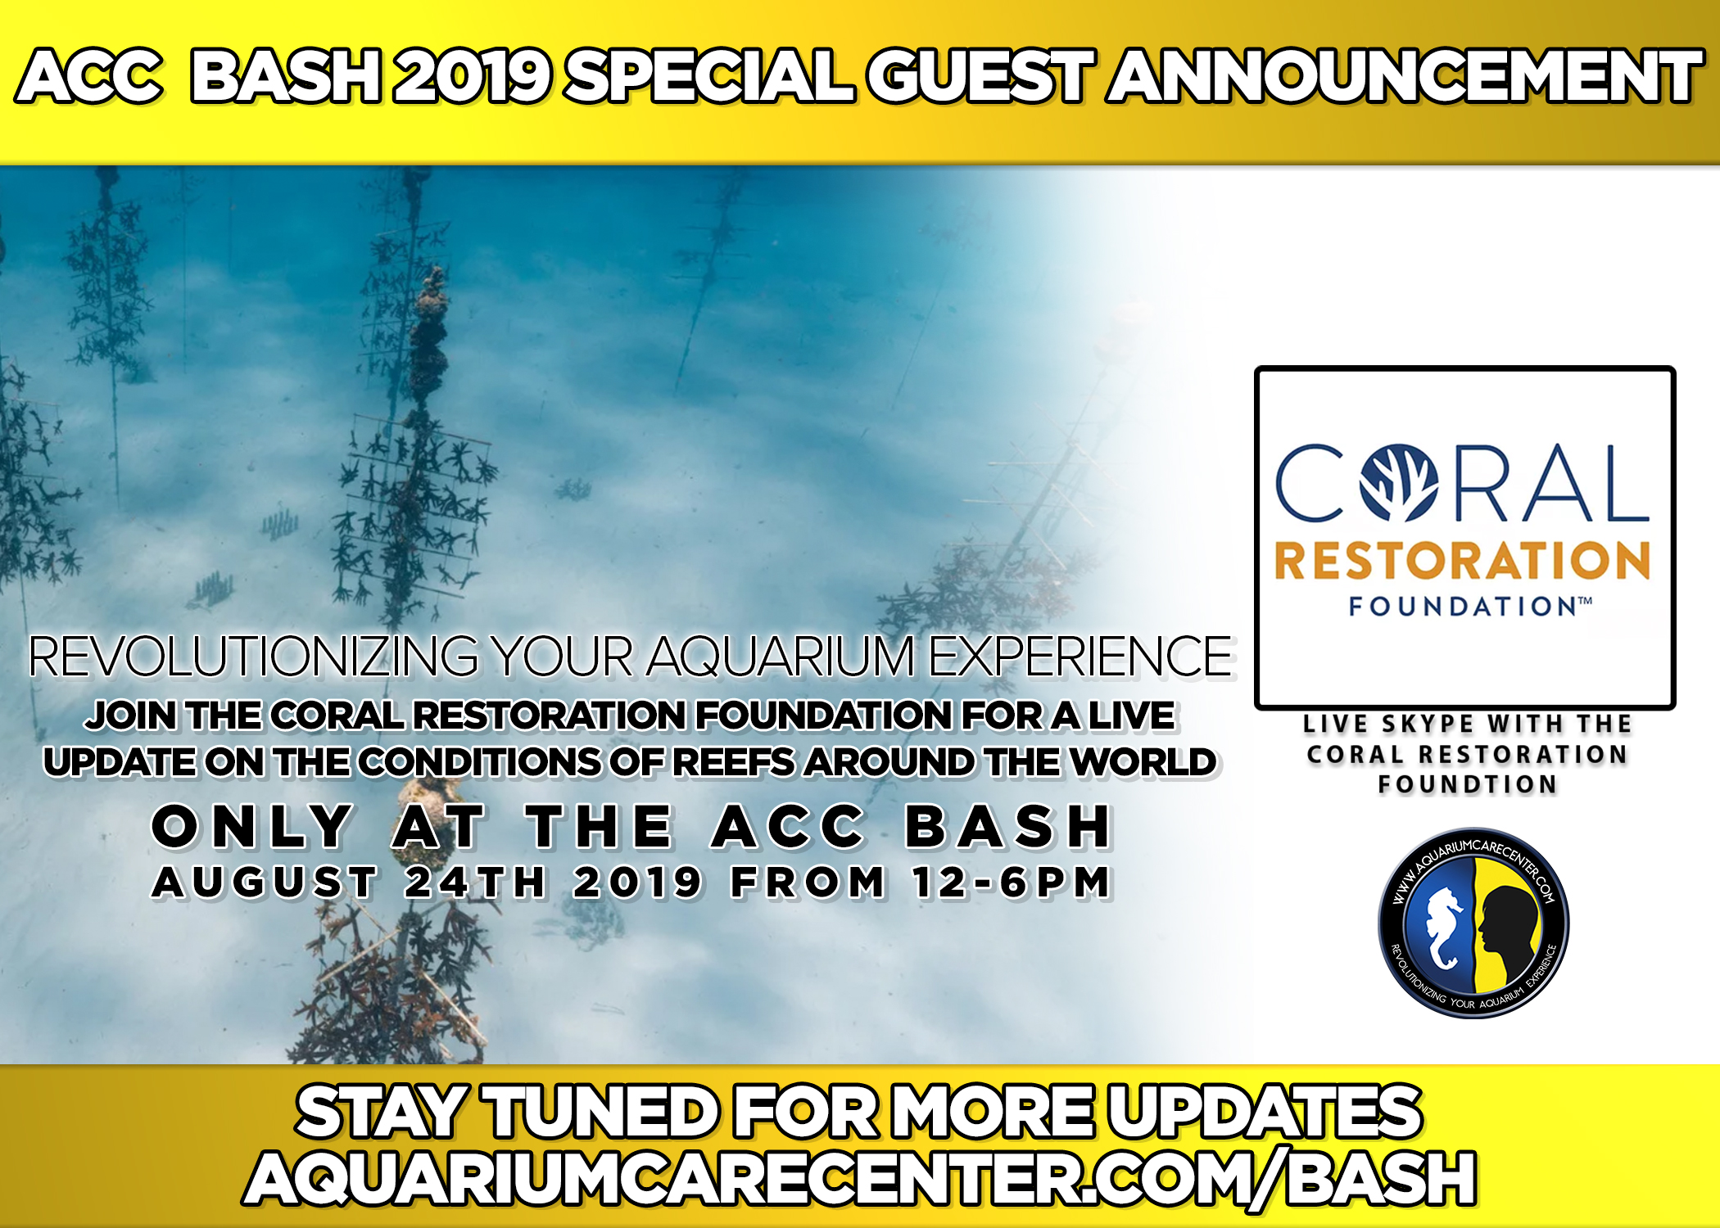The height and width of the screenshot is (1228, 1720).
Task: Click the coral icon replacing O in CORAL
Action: coord(1399,483)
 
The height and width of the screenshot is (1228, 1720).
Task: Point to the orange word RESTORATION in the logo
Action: coord(1463,562)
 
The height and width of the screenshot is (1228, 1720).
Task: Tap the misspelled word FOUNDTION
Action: coord(1467,784)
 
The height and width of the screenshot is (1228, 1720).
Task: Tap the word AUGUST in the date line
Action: coord(265,883)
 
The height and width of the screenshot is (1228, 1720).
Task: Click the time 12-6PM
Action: coord(1012,883)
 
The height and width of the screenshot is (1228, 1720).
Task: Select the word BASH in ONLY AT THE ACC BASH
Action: coord(1008,826)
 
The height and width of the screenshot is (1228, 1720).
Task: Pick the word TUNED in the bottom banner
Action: coord(603,1113)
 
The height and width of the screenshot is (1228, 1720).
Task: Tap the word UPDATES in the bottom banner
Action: coord(1265,1113)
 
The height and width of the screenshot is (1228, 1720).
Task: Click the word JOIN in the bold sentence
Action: coord(131,716)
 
